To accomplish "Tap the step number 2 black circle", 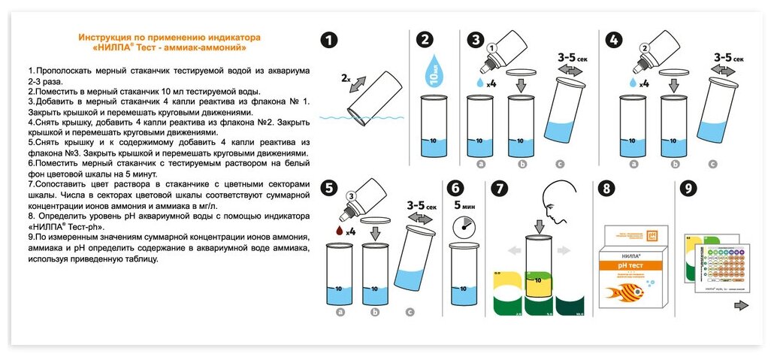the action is coord(426,41).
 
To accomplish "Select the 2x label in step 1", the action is coord(345,77).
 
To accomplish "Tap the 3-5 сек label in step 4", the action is coord(727,57).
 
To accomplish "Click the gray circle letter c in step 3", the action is coord(559,164).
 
